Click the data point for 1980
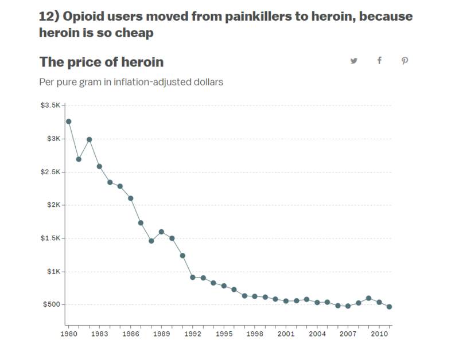(x=68, y=122)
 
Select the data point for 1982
(x=90, y=139)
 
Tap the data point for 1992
(x=193, y=277)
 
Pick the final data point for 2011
(x=390, y=307)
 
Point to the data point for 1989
(x=161, y=232)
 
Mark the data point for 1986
(x=131, y=198)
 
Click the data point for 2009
(x=368, y=298)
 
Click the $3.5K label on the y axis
(x=50, y=105)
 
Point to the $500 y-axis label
(x=52, y=304)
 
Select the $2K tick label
(x=53, y=205)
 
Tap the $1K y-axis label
(x=53, y=271)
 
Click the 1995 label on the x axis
(x=224, y=334)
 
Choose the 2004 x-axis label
(x=317, y=334)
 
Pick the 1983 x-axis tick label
(x=99, y=334)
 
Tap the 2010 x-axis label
(x=379, y=334)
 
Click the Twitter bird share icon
(x=354, y=61)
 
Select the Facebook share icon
(x=379, y=61)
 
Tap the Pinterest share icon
(x=404, y=61)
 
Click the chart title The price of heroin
(x=102, y=62)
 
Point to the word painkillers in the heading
(x=259, y=17)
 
